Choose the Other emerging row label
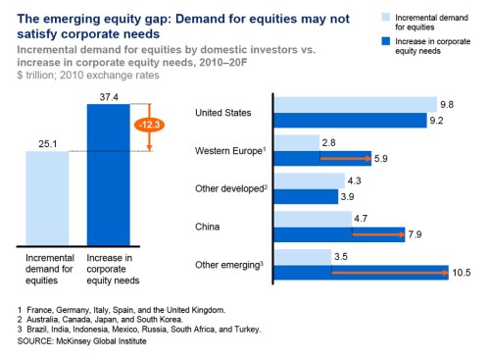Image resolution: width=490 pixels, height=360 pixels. (x=229, y=263)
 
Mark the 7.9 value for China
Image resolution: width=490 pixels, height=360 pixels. (x=417, y=234)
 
